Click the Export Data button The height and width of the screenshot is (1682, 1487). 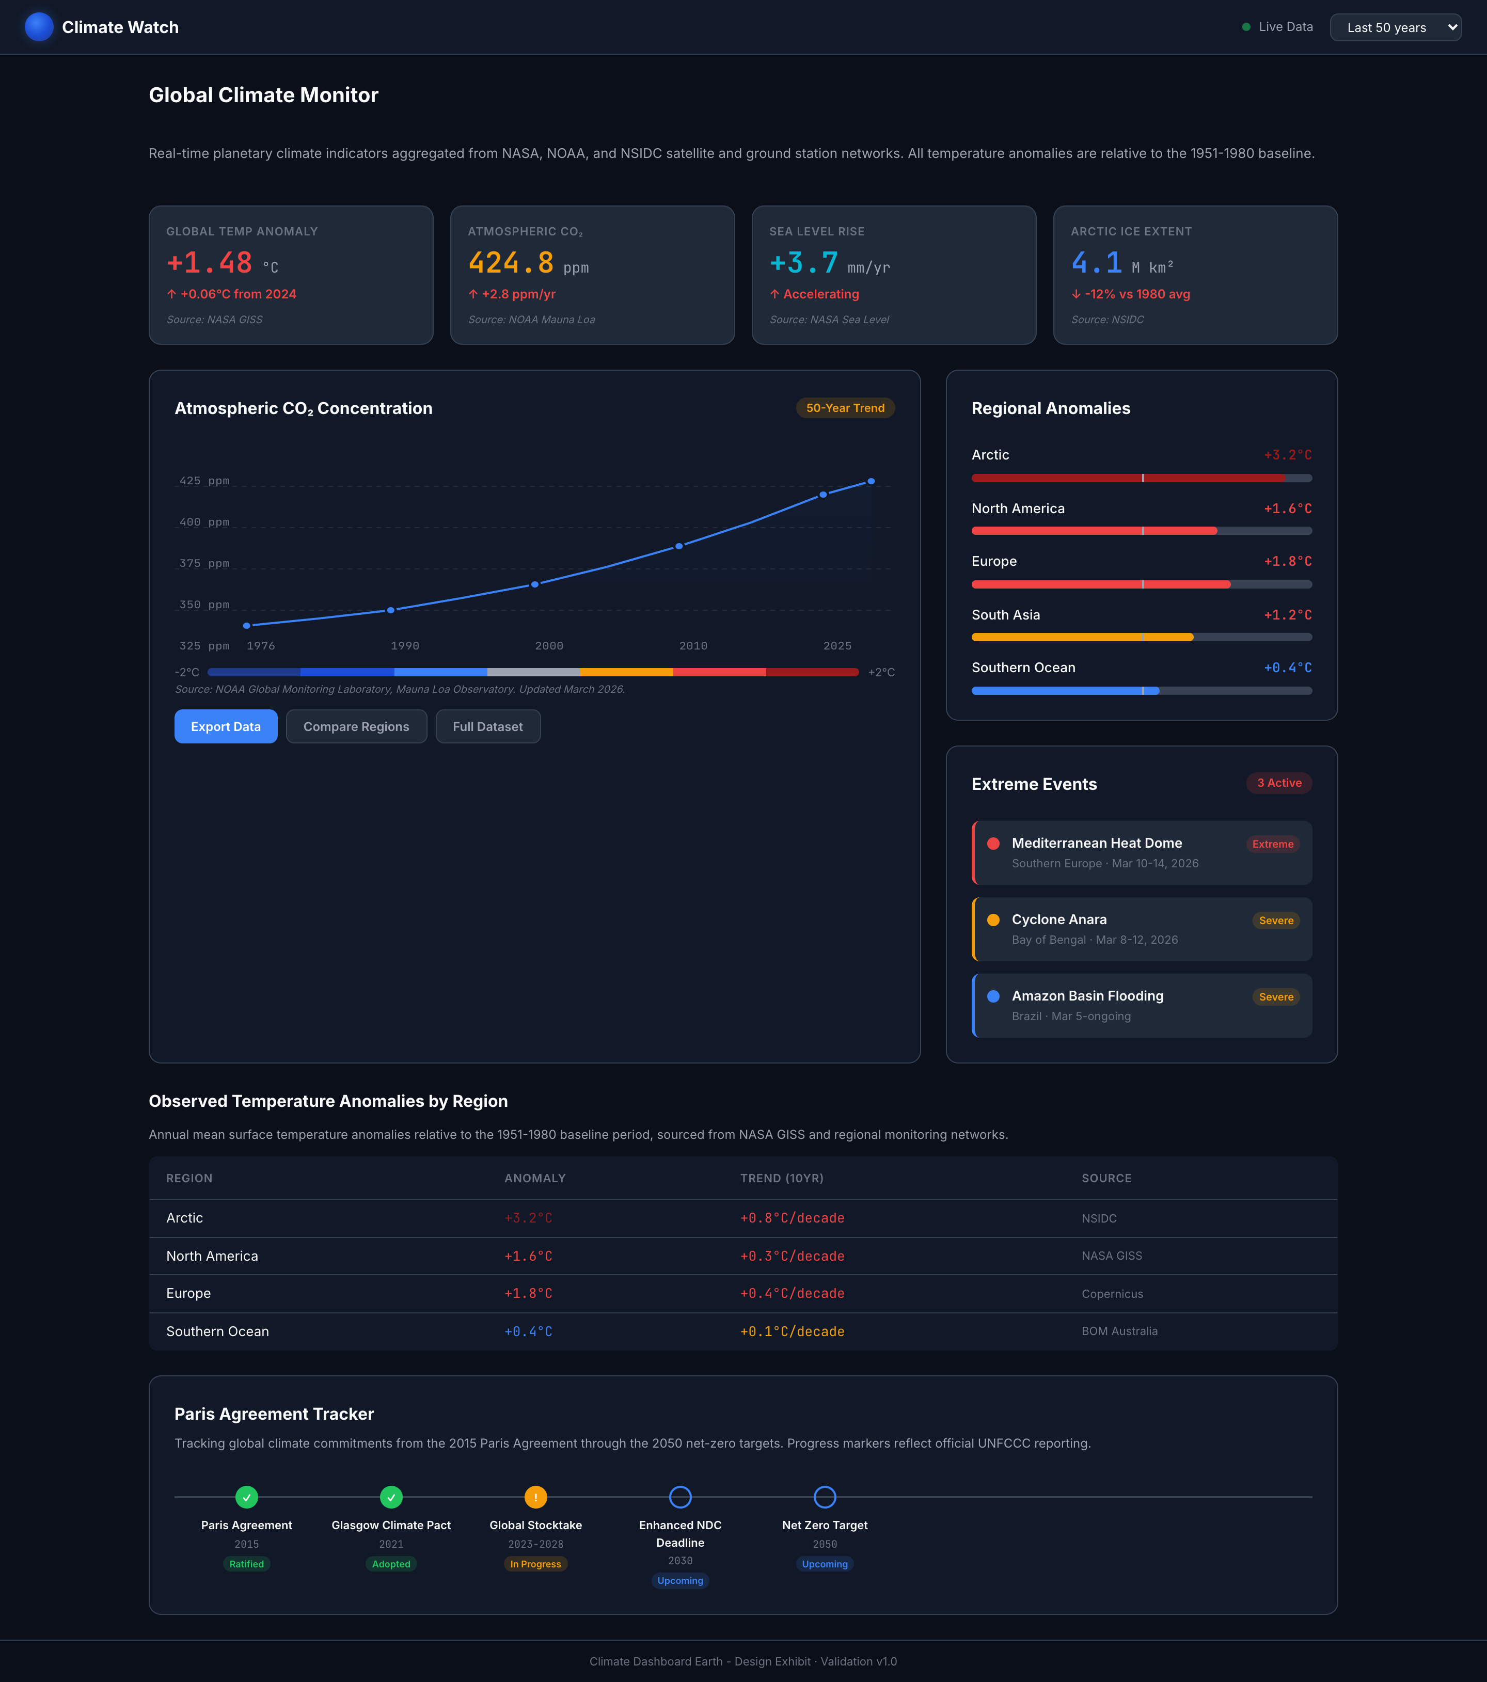tap(226, 726)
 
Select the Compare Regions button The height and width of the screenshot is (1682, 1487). tap(356, 726)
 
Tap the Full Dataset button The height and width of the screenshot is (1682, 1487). tap(487, 726)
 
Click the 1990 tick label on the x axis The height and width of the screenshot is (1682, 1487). tap(405, 646)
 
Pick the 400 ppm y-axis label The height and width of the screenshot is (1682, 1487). tap(204, 522)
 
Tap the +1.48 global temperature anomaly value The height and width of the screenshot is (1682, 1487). tap(210, 263)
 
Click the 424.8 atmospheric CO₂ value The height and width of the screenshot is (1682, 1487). tap(511, 263)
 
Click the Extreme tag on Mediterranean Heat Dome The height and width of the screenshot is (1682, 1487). tap(1272, 844)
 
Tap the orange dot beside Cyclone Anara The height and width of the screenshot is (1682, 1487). tap(993, 920)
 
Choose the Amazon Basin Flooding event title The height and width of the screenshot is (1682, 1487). tap(1087, 996)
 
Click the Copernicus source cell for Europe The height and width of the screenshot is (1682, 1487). tap(1112, 1294)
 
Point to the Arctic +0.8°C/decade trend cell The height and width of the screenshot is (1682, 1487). tap(792, 1218)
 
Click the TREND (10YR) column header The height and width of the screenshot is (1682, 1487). tap(781, 1179)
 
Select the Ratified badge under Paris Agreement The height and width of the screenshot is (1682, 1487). tap(247, 1564)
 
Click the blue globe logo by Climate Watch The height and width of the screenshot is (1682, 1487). tap(39, 27)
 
